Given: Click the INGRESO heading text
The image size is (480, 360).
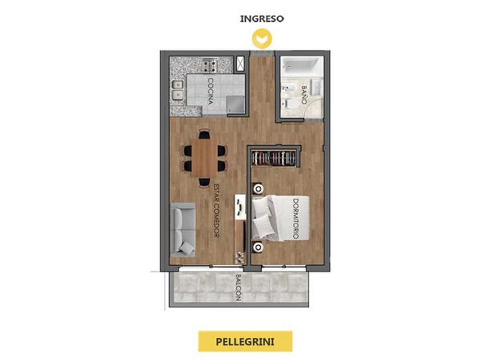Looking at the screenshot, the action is pos(262,19).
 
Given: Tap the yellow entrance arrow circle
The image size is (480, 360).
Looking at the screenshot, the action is pos(262,39).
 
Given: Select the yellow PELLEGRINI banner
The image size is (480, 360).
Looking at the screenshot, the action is pos(245,341).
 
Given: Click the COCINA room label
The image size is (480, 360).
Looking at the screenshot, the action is pos(210,91).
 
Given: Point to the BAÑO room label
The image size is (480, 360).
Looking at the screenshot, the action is pos(304,95).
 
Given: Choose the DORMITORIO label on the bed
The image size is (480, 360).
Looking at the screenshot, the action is pos(295,218).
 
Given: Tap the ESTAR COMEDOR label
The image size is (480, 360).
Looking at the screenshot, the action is pos(216,211).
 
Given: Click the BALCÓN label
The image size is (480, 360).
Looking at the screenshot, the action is pos(239,288).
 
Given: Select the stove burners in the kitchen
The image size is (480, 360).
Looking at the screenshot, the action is pos(210,66).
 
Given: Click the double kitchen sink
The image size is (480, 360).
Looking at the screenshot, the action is pos(177,91).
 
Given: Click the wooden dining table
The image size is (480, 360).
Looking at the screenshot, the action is pos(205,158).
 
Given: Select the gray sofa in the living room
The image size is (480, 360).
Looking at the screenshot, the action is pos(183,230).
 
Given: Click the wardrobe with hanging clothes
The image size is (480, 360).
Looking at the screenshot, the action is pos(274,158).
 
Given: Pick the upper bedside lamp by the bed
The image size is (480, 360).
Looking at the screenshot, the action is pos(258,189).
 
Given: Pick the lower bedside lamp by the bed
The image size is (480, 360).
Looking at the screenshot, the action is pos(258,247).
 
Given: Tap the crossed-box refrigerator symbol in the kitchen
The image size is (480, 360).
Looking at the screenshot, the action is pos(241,64).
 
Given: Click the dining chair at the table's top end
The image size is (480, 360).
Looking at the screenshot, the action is pos(204,134).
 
